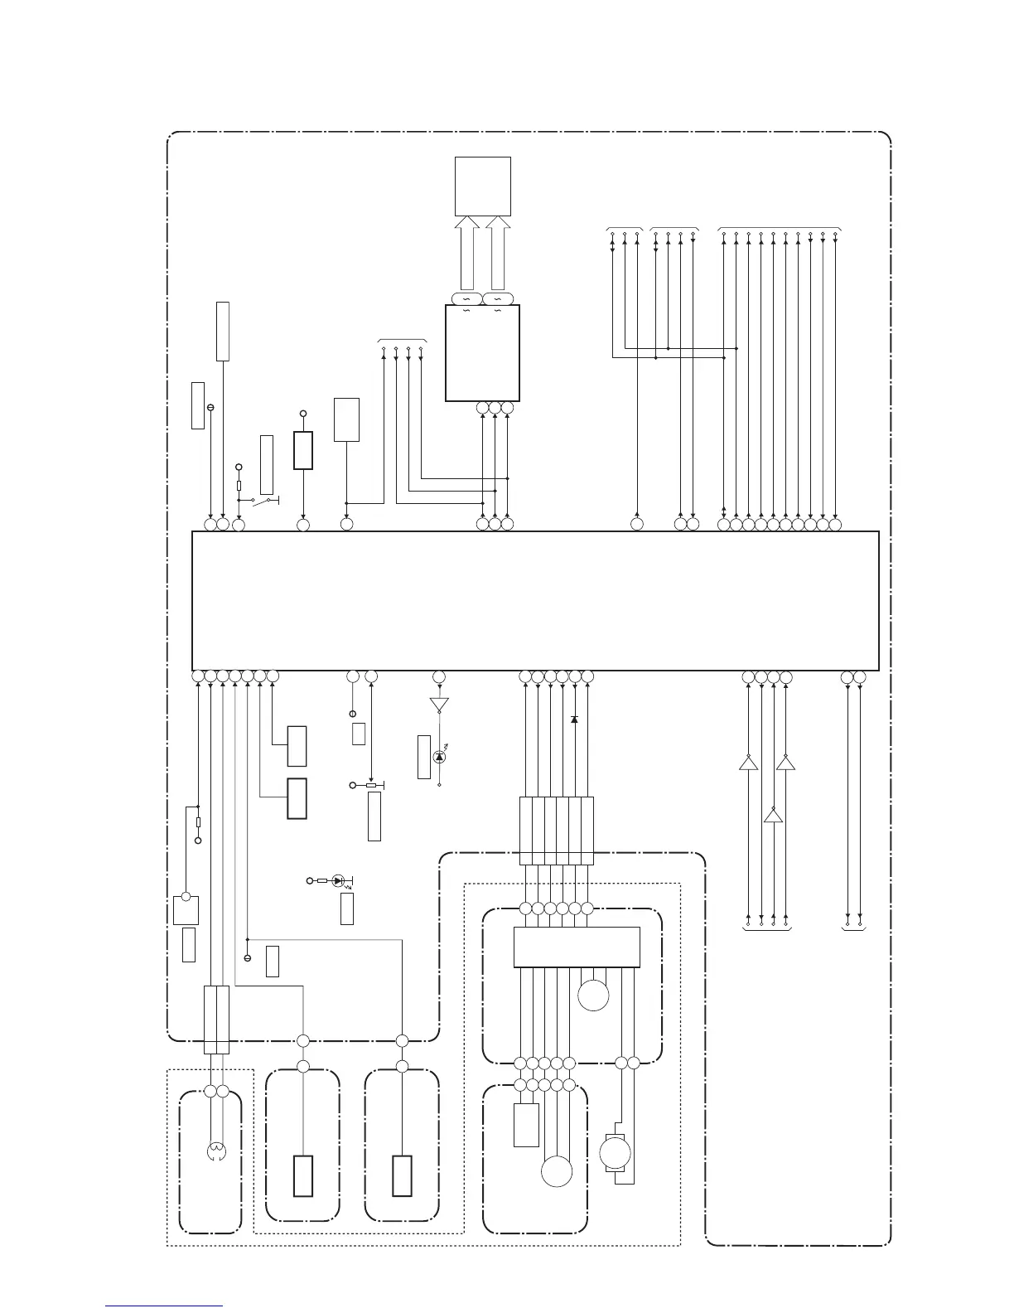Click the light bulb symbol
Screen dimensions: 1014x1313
[x=215, y=1151]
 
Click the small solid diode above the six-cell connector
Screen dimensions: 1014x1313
[x=574, y=719]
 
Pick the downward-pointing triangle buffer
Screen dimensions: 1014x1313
[x=439, y=705]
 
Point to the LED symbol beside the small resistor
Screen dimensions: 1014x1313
[x=338, y=880]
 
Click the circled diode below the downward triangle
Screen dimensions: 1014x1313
[x=439, y=756]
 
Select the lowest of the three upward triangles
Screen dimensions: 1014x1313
[x=773, y=816]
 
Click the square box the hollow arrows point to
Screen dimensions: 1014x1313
[x=484, y=186]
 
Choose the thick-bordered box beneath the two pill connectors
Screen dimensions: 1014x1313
[x=482, y=353]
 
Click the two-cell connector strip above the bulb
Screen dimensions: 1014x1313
[x=216, y=1020]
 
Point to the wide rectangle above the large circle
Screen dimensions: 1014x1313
[x=577, y=947]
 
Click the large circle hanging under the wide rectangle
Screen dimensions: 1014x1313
[x=593, y=994]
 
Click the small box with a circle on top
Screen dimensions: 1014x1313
[x=186, y=910]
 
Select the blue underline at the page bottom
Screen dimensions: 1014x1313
[x=165, y=1306]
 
